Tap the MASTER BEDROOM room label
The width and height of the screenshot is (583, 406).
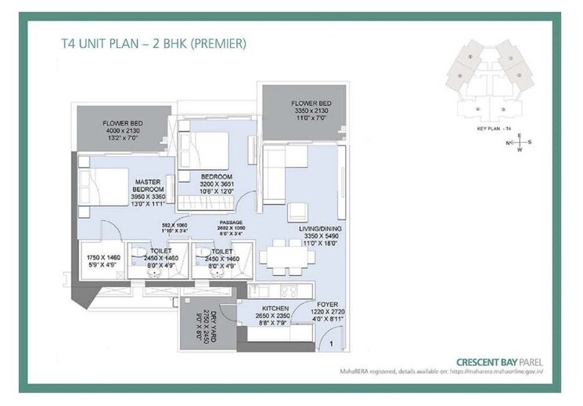(x=146, y=185)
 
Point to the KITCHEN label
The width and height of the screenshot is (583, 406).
(x=276, y=308)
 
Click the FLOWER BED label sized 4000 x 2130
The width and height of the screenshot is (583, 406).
(x=121, y=124)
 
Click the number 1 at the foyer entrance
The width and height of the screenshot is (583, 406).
(x=332, y=343)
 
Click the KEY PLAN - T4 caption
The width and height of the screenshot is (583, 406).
(x=494, y=127)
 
